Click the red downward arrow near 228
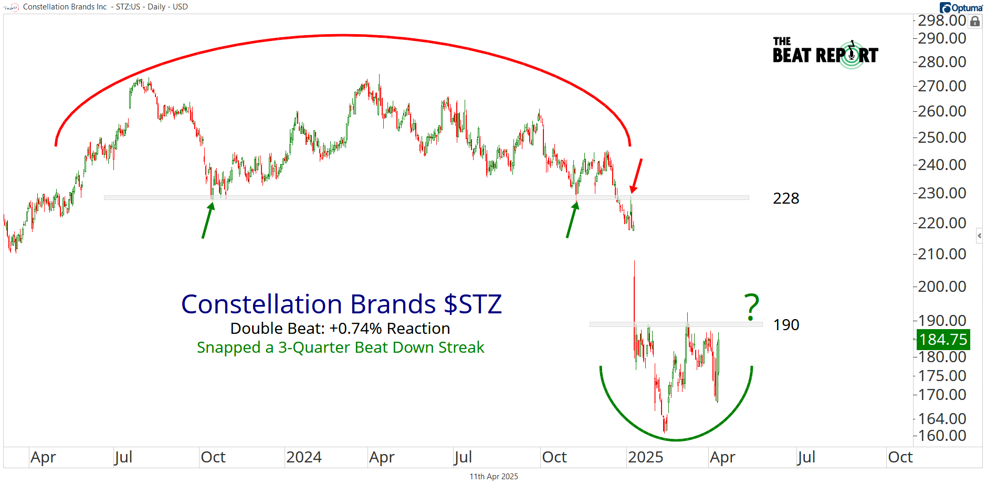[636, 176]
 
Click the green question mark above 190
[752, 307]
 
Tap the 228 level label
[786, 198]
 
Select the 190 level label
[786, 325]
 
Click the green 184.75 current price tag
[943, 340]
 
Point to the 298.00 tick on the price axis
[942, 20]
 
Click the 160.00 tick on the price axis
[942, 436]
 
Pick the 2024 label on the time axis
[304, 457]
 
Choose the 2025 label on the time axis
[645, 457]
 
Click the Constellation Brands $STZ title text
[341, 304]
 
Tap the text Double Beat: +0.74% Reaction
[340, 329]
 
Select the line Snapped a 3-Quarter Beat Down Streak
[340, 347]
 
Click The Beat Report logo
[825, 53]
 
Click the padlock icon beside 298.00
[975, 22]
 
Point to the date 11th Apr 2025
[494, 477]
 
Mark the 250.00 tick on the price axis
[942, 138]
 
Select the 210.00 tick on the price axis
[942, 254]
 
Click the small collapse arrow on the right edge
[979, 236]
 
